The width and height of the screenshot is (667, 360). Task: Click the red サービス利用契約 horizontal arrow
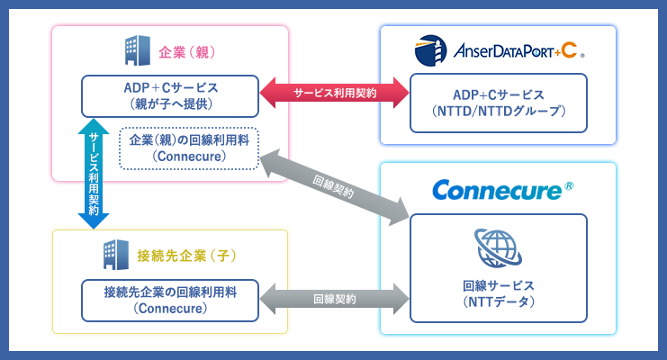(x=334, y=92)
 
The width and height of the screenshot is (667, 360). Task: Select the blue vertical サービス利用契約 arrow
(x=93, y=174)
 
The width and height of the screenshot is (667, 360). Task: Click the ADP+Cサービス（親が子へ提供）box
(x=170, y=95)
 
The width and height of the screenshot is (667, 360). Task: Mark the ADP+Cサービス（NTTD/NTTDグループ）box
(x=498, y=103)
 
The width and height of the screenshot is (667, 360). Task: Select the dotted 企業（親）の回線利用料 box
(x=189, y=148)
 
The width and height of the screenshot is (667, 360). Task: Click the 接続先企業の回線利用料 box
(x=170, y=300)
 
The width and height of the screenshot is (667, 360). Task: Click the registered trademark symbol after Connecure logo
(x=568, y=186)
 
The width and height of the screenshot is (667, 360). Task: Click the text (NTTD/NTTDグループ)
(x=498, y=112)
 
